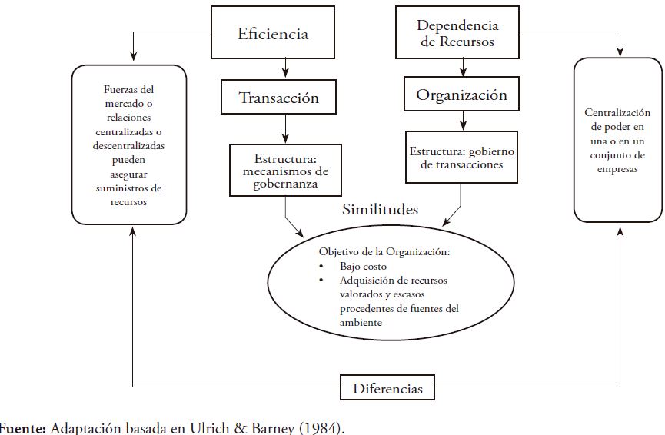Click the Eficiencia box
273,34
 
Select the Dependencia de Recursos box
457,33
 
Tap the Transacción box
278,98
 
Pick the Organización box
461,95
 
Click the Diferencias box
387,388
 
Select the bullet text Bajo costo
361,266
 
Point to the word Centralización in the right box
617,112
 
